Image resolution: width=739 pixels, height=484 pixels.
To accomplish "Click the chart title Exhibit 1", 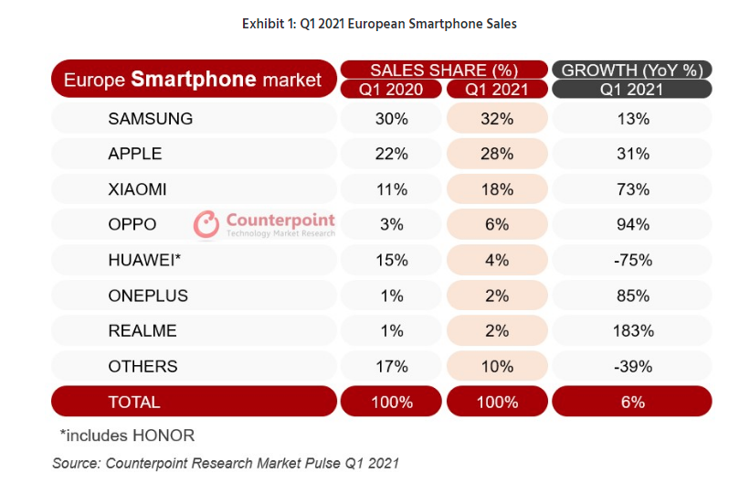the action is (379, 24).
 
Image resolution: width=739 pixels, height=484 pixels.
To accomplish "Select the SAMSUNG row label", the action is (151, 119).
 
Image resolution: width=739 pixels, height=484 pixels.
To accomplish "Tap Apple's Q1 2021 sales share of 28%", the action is (497, 154).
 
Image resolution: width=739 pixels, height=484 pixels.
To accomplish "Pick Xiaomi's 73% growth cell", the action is (633, 189).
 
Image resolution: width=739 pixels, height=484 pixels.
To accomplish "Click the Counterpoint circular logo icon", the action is (206, 224).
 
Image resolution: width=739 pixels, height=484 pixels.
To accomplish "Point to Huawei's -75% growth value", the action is (633, 260).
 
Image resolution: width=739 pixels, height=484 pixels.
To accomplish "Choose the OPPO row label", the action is (132, 224).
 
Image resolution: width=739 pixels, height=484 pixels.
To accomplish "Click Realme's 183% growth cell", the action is (633, 331).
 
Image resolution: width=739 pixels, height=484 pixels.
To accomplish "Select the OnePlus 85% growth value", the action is (633, 296).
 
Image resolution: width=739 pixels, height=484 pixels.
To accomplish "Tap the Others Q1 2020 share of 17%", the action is (392, 367).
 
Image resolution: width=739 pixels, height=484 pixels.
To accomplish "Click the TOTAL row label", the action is (134, 403).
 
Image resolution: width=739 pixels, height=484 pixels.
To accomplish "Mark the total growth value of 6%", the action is (632, 403).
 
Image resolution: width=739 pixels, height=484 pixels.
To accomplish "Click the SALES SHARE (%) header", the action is (444, 70).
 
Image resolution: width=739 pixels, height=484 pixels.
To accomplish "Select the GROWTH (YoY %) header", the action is (632, 70).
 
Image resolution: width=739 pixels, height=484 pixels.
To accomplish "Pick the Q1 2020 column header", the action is (391, 90).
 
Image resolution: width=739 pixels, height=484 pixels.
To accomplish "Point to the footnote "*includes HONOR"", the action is (127, 436).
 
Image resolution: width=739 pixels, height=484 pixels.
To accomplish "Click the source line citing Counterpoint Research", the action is (226, 463).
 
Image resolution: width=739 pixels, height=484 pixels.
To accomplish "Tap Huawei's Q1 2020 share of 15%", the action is (392, 260).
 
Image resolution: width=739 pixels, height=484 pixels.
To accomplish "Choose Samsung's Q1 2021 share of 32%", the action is (497, 119).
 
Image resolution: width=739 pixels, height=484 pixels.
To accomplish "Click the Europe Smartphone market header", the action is (193, 80).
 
